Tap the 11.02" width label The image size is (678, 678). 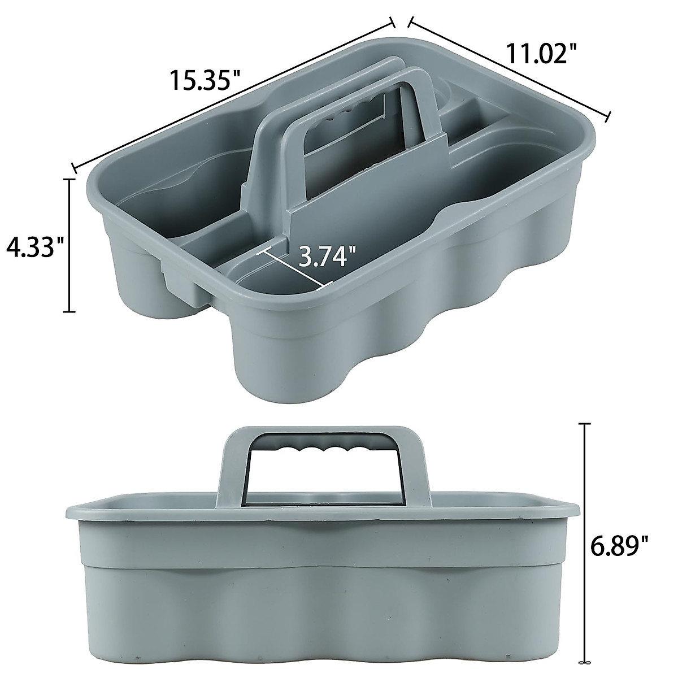(x=541, y=54)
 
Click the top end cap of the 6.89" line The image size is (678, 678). (x=584, y=423)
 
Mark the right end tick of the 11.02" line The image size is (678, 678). (x=609, y=117)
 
